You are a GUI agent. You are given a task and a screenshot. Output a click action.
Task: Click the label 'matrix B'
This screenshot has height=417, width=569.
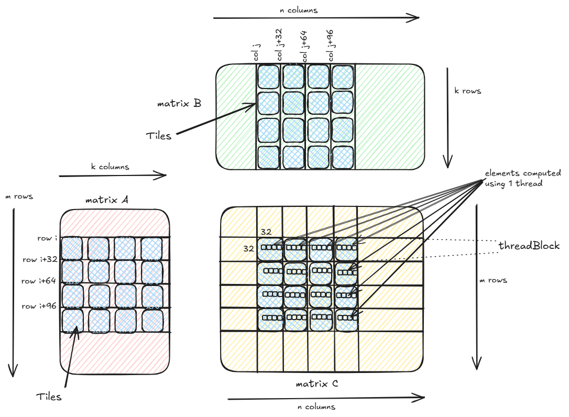(x=179, y=104)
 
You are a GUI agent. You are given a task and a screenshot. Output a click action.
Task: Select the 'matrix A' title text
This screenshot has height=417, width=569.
(x=107, y=200)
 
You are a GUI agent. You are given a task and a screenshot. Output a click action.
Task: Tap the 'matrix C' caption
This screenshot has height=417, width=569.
(x=316, y=384)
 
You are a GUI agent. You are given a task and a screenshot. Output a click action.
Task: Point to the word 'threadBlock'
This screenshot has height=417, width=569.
(x=529, y=246)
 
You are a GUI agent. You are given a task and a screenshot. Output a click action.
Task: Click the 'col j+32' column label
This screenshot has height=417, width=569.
(x=279, y=46)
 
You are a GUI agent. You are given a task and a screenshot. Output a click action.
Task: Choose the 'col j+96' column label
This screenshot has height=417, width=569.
(x=330, y=46)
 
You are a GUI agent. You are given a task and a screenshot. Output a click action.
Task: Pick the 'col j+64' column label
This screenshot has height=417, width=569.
(x=304, y=46)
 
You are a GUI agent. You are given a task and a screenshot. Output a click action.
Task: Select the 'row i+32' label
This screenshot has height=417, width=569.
(x=39, y=259)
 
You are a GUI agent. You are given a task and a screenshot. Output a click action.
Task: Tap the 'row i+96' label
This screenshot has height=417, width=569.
(x=39, y=306)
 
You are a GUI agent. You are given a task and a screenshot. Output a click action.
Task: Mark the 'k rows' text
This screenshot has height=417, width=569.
(x=467, y=91)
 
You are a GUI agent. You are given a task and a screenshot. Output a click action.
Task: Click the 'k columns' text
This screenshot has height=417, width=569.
(x=110, y=167)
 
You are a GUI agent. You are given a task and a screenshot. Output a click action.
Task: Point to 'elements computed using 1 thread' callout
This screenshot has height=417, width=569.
(x=522, y=178)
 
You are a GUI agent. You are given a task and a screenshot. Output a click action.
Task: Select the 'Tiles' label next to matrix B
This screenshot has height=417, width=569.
(x=158, y=136)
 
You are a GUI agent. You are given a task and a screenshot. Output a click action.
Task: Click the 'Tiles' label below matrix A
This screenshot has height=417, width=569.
(x=49, y=397)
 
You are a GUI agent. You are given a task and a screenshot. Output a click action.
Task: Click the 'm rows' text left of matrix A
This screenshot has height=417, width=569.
(x=18, y=196)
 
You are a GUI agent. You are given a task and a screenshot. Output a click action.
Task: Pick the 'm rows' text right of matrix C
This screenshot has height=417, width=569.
(x=493, y=280)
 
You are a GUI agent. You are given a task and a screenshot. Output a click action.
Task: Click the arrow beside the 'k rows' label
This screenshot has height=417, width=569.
(x=447, y=117)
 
